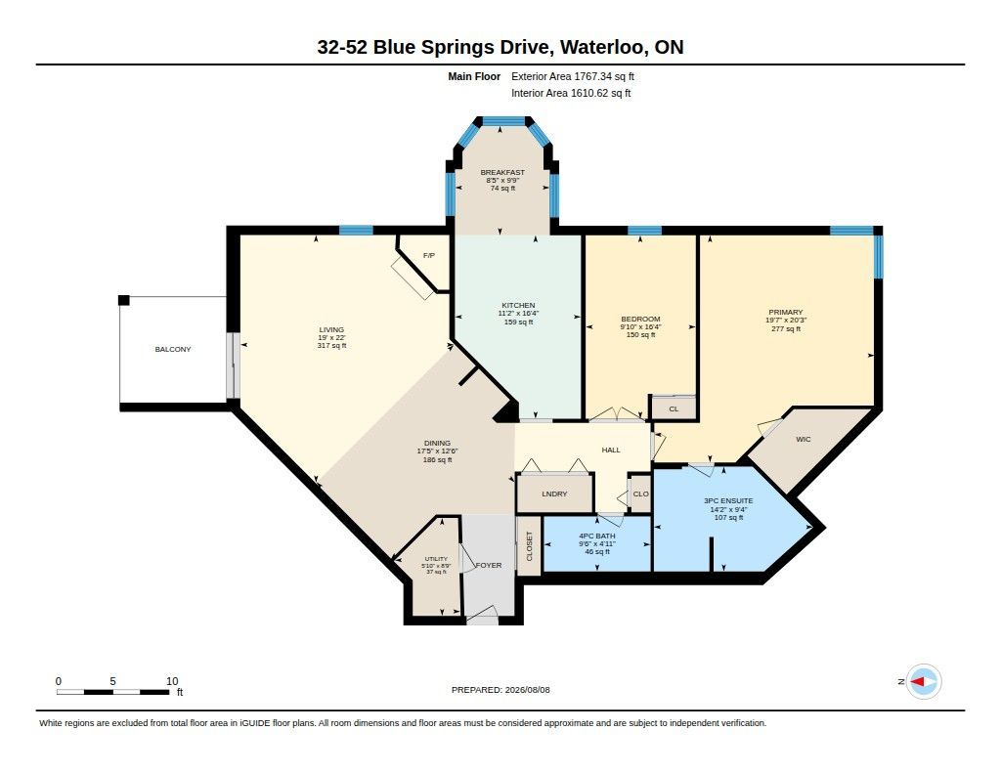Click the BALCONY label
pyautogui.click(x=173, y=349)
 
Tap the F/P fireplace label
pyautogui.click(x=429, y=255)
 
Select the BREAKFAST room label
pyautogui.click(x=502, y=172)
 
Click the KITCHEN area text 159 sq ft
pyautogui.click(x=518, y=322)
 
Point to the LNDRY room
pyautogui.click(x=554, y=494)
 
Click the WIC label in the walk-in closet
pyautogui.click(x=804, y=439)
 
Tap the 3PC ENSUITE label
pyautogui.click(x=728, y=501)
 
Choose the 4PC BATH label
pyautogui.click(x=597, y=537)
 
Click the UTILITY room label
pyautogui.click(x=436, y=559)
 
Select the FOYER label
pyautogui.click(x=489, y=566)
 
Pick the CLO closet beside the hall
pyautogui.click(x=641, y=494)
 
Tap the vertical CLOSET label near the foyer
pyautogui.click(x=529, y=546)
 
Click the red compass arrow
pyautogui.click(x=918, y=682)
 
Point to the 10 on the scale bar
pyautogui.click(x=172, y=681)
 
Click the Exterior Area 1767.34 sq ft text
pyautogui.click(x=573, y=76)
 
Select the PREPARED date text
pyautogui.click(x=500, y=690)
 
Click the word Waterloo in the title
pyautogui.click(x=603, y=47)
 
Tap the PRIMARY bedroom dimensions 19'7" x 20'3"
pyautogui.click(x=786, y=321)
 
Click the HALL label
pyautogui.click(x=611, y=450)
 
